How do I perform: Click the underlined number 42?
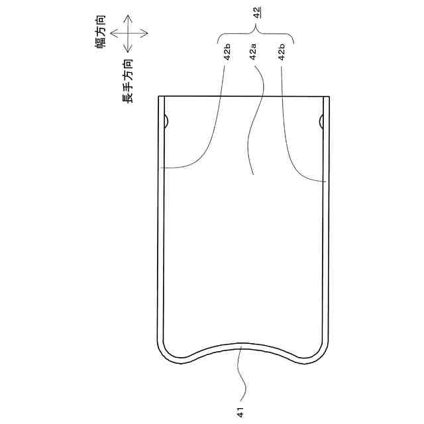click(257, 13)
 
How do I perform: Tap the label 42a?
click(253, 52)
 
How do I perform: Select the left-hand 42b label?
click(227, 52)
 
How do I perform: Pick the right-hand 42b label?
click(282, 52)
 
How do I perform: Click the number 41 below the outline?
click(240, 412)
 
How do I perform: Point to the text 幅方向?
click(100, 32)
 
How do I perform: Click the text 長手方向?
click(128, 81)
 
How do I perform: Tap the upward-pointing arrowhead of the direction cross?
click(128, 17)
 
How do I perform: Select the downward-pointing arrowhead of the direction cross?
click(128, 50)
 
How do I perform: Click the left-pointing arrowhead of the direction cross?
click(113, 33)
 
